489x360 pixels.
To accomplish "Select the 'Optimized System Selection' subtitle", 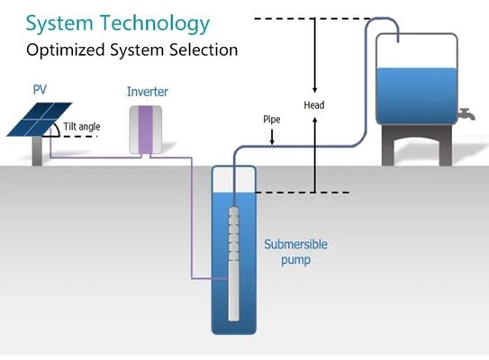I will (131, 49).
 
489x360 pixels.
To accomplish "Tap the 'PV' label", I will (40, 89).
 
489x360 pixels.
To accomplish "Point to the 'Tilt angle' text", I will (82, 127).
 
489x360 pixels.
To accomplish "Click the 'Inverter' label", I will (147, 92).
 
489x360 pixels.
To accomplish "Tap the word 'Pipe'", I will (271, 119).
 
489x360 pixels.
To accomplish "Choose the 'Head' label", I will (314, 105).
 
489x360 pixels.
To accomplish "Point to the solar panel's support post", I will (37, 151).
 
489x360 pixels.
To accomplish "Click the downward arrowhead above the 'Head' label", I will (314, 90).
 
